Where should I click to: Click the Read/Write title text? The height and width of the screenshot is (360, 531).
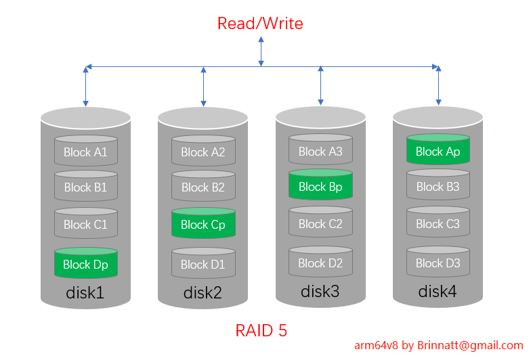point(260,24)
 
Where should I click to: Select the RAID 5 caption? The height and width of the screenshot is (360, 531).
point(261,330)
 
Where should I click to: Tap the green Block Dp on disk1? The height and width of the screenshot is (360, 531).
point(86,264)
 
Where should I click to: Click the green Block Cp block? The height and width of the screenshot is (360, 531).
point(203,224)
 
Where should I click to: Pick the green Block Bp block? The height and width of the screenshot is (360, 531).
point(320,186)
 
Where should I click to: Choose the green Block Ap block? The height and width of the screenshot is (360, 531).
point(438,151)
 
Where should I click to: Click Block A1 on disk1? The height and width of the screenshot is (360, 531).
point(86,152)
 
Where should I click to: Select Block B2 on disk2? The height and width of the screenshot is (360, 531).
point(203,187)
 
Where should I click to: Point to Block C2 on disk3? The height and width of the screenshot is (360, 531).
point(320,223)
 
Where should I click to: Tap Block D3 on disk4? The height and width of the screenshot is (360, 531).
point(438,263)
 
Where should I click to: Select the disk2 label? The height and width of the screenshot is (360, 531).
point(203,293)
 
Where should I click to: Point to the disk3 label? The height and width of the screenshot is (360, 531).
point(320,292)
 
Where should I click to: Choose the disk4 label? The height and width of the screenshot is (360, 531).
point(438,292)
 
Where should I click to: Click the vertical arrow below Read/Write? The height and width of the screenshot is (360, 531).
point(261,51)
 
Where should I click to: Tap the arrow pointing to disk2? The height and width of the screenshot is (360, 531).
point(203,87)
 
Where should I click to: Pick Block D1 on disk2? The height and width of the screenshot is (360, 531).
point(203,264)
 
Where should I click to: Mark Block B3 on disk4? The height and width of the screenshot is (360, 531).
point(438,186)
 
